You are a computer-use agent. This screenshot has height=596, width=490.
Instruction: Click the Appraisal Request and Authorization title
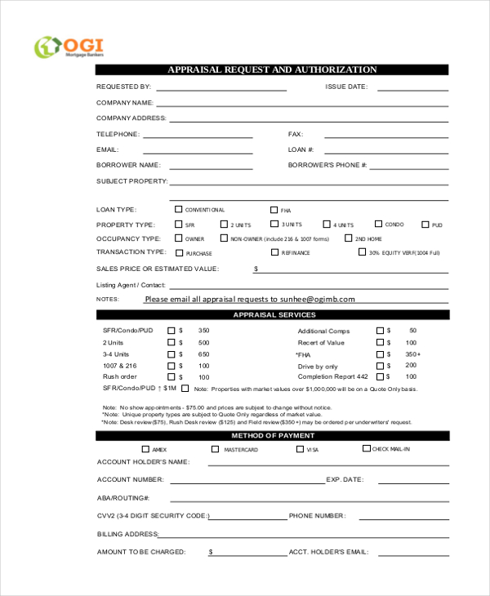tap(272, 70)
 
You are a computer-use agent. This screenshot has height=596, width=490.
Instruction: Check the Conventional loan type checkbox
tap(178, 210)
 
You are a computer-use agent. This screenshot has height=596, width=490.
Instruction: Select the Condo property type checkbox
tap(379, 224)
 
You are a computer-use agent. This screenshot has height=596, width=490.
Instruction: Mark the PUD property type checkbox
tap(425, 225)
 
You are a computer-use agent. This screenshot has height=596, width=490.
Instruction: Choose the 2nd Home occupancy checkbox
tap(348, 238)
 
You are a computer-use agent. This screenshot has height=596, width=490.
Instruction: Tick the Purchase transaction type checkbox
tap(178, 252)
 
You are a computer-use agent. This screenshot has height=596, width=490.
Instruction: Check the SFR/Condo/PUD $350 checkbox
tap(171, 331)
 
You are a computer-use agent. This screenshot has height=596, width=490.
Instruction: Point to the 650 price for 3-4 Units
tap(203, 354)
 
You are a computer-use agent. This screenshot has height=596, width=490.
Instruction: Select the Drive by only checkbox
tap(379, 366)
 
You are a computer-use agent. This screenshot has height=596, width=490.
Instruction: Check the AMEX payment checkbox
tap(145, 449)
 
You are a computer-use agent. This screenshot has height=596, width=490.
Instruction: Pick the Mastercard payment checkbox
tap(216, 449)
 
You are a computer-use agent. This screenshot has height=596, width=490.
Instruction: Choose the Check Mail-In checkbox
tap(366, 448)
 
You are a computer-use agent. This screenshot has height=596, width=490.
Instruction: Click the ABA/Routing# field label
tap(123, 497)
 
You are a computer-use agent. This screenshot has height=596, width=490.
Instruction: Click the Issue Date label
tap(346, 87)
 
